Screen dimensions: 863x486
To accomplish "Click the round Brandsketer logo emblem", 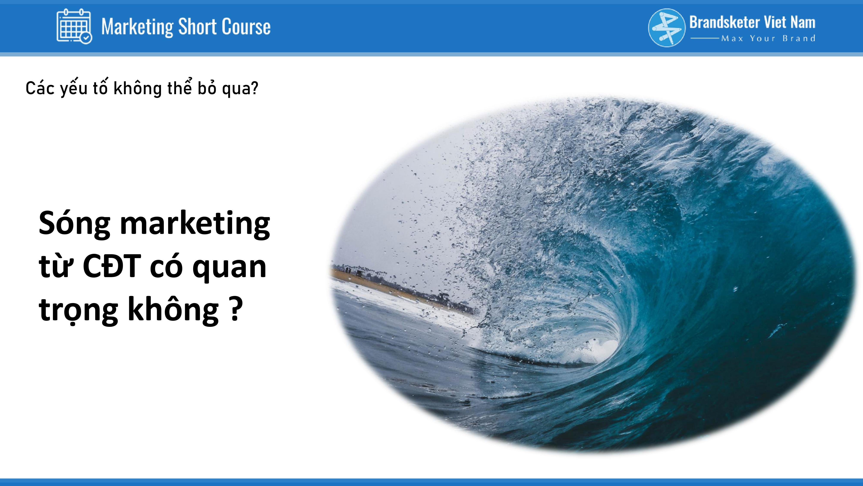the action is coord(667,27).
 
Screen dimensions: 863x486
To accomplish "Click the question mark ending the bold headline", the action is coord(236,309).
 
